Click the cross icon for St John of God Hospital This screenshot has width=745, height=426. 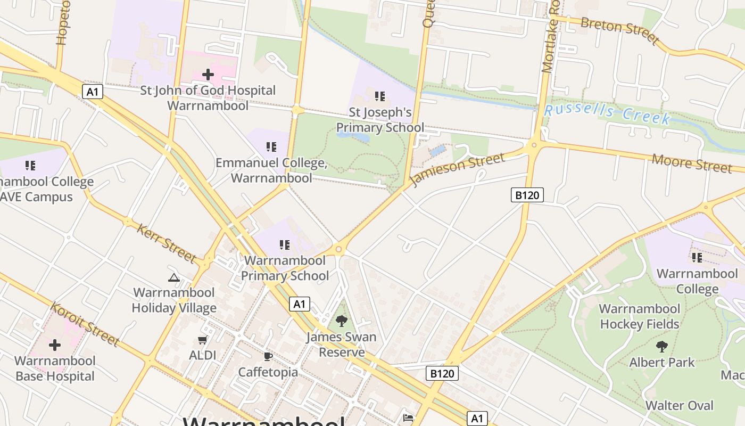coord(208,75)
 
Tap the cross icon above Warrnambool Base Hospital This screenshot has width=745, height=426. coord(55,345)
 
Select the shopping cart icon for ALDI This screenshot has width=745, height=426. coord(202,340)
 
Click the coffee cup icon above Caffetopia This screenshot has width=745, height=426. coord(268,356)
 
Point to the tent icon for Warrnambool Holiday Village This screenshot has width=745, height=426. coord(173,277)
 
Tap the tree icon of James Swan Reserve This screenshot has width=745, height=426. coord(341,321)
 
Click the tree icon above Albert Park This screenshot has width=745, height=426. coord(661,347)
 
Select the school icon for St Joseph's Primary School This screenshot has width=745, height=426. coord(380,96)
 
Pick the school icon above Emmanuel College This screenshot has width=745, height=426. coord(271,146)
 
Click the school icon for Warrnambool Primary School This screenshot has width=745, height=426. coord(285,245)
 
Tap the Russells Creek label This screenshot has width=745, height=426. coord(607,113)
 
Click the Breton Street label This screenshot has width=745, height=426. coord(619,30)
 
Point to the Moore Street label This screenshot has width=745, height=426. coord(692,163)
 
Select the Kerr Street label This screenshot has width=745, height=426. coord(167,243)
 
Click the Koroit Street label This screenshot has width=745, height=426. coord(85,324)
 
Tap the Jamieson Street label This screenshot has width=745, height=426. coord(457,169)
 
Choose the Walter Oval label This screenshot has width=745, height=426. coord(679,405)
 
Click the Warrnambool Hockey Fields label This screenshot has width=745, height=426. coord(639,316)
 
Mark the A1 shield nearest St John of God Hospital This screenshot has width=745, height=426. coord(93,92)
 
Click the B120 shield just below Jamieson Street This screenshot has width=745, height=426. coord(527,195)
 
